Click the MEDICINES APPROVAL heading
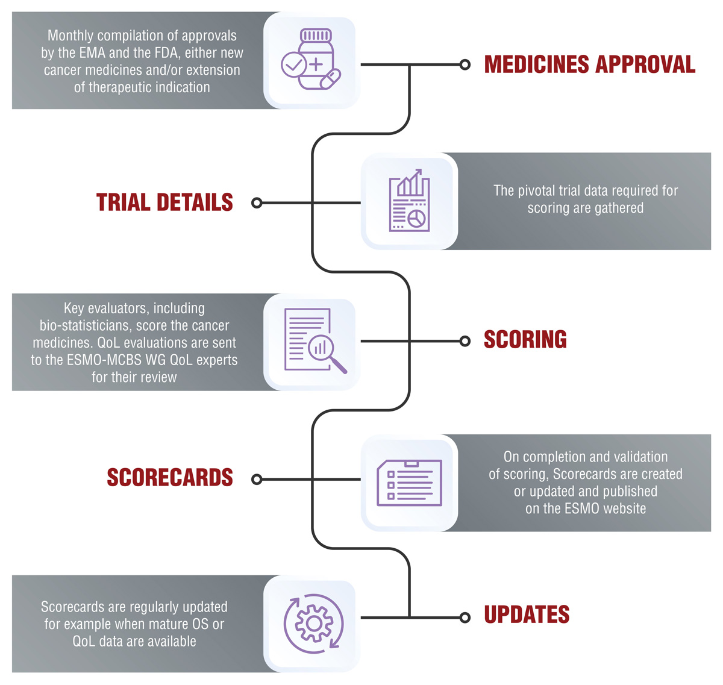tap(589, 64)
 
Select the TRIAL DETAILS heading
tap(164, 202)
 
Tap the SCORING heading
tap(525, 340)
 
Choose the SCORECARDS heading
tap(169, 478)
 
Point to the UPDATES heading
tap(527, 615)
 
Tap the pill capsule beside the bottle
tap(330, 79)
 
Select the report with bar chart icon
tap(409, 201)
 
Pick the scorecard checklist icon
tap(409, 482)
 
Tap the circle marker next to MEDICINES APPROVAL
tap(465, 65)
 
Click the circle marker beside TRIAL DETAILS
tap(257, 203)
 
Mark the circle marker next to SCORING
tap(465, 341)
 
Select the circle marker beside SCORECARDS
tap(257, 480)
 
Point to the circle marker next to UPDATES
tap(465, 618)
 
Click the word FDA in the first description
tap(166, 53)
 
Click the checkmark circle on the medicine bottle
tap(293, 64)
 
